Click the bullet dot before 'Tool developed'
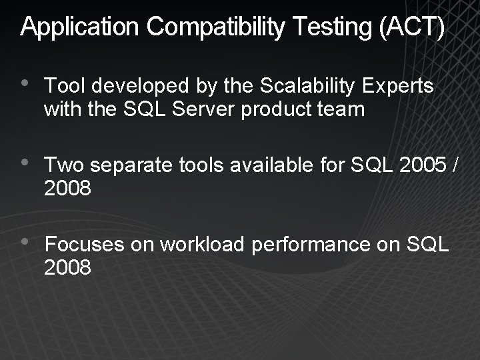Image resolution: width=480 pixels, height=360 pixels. [x=25, y=85]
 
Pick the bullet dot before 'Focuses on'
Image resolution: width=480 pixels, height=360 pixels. [x=25, y=243]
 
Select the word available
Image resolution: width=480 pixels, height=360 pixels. [x=272, y=166]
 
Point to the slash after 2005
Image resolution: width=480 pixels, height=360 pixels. [x=454, y=166]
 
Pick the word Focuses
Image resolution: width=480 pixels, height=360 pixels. [x=85, y=245]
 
